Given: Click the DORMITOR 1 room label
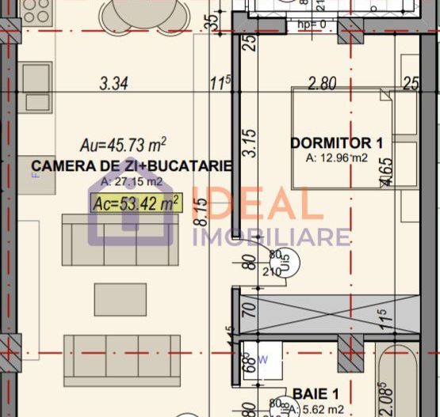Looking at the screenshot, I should (x=336, y=143).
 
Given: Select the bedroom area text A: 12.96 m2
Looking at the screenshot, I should (x=337, y=158).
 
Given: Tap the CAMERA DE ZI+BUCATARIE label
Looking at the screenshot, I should (x=131, y=166).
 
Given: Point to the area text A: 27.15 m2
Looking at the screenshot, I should (x=131, y=182).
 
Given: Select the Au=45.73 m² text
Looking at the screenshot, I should (x=123, y=145).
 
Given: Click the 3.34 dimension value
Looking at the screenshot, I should (x=115, y=81).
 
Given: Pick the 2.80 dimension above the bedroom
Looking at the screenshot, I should (x=323, y=81).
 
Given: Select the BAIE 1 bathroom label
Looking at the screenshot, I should (x=316, y=393).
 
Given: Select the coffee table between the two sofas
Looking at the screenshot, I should (x=121, y=300).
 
